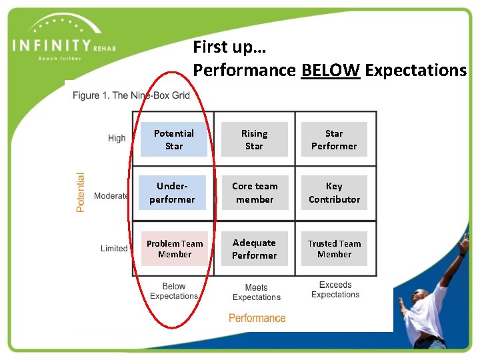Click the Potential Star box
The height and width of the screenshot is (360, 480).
pyautogui.click(x=174, y=139)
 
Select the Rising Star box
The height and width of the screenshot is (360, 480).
pyautogui.click(x=254, y=139)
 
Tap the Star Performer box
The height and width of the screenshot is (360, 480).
pyautogui.click(x=334, y=139)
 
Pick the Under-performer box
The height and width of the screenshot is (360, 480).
pyautogui.click(x=172, y=193)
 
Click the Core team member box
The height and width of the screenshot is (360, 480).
pyautogui.click(x=255, y=193)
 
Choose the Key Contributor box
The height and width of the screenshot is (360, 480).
pyautogui.click(x=334, y=193)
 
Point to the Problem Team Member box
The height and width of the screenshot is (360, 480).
pyautogui.click(x=175, y=249)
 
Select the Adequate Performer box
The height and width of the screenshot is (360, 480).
pyautogui.click(x=254, y=249)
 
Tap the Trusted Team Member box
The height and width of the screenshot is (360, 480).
pyautogui.click(x=334, y=249)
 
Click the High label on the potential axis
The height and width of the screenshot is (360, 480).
pyautogui.click(x=117, y=138)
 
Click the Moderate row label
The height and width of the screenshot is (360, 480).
pyautogui.click(x=111, y=196)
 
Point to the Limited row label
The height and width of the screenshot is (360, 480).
pyautogui.click(x=114, y=248)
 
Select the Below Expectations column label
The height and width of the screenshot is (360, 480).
pyautogui.click(x=174, y=291)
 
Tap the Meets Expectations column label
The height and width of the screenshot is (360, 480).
pyautogui.click(x=257, y=293)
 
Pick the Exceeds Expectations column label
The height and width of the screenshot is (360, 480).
pyautogui.click(x=335, y=290)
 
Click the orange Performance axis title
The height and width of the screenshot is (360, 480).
pyautogui.click(x=257, y=318)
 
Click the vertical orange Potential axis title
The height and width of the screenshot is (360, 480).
pyautogui.click(x=81, y=193)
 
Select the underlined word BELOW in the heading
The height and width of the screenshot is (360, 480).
pyautogui.click(x=331, y=69)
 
